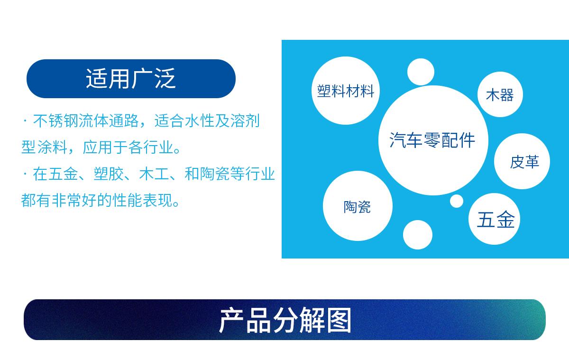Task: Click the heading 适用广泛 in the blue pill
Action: click(131, 79)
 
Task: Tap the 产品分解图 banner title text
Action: click(285, 320)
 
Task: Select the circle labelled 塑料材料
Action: click(346, 91)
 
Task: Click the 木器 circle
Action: click(500, 94)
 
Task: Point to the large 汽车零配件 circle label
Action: click(433, 140)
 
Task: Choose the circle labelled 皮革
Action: click(522, 161)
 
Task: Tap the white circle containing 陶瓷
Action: click(358, 206)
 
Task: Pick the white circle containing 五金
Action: click(494, 219)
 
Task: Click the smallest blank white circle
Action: click(457, 201)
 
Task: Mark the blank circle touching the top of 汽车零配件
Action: click(421, 72)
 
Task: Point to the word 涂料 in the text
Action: click(52, 147)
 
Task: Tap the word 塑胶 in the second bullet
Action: click(109, 174)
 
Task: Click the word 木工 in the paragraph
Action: click(154, 174)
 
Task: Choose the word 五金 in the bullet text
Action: click(63, 174)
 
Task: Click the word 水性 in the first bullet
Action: click(200, 120)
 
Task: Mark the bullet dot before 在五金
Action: click(25, 174)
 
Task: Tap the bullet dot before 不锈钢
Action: click(25, 120)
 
